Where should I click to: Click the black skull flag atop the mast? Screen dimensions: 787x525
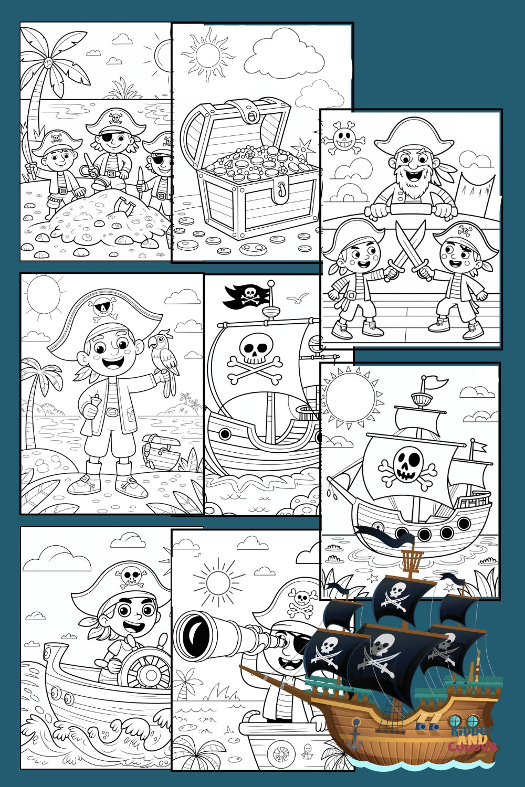[247, 296]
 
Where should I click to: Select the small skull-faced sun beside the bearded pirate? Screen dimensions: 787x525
[344, 139]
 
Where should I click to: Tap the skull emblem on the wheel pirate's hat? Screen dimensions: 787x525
[130, 576]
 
